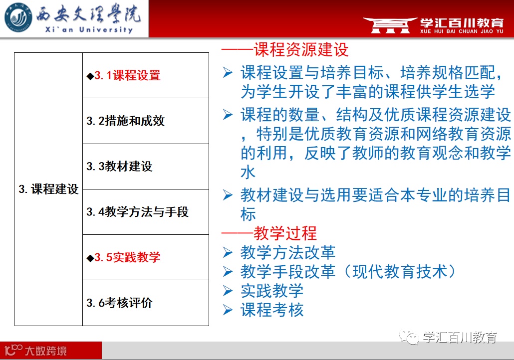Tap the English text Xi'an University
[89, 30]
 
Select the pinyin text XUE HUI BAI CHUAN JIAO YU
[462, 31]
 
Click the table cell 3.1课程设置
[146, 75]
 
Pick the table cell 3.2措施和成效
[146, 121]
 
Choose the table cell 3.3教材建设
[146, 167]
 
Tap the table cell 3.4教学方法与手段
[146, 212]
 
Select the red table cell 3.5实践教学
[146, 257]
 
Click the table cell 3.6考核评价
[146, 303]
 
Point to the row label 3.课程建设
[48, 189]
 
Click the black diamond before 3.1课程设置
[90, 76]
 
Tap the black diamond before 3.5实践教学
[90, 258]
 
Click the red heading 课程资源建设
[301, 50]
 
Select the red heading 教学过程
[285, 233]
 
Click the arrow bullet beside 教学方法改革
[228, 253]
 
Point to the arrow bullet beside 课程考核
[228, 310]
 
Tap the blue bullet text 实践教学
[272, 291]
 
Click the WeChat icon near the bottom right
[409, 338]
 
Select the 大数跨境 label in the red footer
[46, 351]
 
